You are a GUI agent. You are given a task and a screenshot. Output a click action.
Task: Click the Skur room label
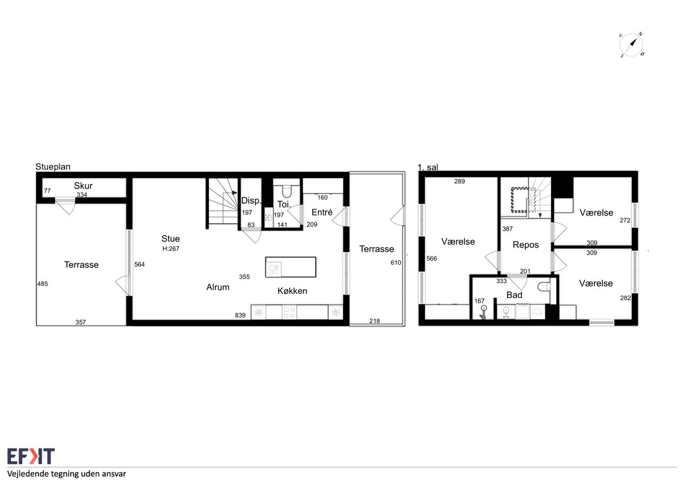pos(83,186)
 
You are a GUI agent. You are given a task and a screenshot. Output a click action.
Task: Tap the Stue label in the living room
pos(170,239)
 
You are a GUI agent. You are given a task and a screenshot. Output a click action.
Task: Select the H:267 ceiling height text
pos(171,249)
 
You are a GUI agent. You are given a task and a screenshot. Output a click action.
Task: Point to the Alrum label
pos(218,287)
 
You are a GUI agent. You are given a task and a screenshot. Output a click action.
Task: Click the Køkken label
pos(292,291)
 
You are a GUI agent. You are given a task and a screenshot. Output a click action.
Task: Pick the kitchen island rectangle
pos(291,267)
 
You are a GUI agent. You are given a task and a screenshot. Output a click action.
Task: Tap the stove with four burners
pos(289,312)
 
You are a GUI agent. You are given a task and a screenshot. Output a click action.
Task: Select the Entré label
pos(322,212)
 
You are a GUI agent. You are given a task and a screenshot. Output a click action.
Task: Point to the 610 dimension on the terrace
pos(396,263)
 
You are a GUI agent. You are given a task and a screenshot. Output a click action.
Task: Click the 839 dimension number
pos(240,315)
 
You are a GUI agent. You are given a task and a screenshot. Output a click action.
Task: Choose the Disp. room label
pos(251,201)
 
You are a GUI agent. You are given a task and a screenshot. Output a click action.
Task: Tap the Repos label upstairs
pos(526,245)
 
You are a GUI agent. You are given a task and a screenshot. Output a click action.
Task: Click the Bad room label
pos(514,295)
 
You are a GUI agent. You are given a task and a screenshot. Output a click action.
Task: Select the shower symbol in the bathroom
pos(483,313)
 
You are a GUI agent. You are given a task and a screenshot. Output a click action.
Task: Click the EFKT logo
pos(31,456)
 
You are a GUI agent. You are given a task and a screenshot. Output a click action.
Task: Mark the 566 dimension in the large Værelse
pos(432,258)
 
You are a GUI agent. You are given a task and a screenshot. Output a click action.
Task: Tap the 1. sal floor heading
pos(428,167)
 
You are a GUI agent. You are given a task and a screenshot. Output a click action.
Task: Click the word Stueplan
pos(53,167)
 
